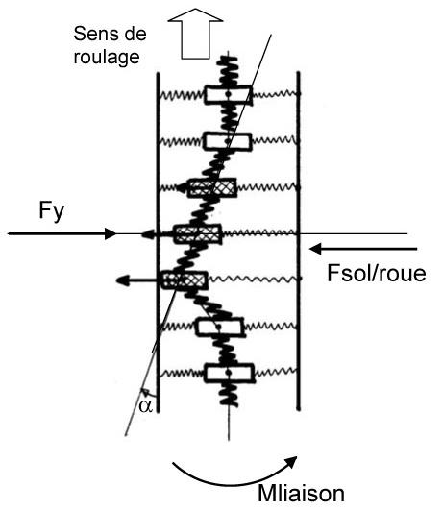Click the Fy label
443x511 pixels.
[x=52, y=210]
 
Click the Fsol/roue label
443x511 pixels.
[x=377, y=273]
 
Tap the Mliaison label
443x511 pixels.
[x=301, y=494]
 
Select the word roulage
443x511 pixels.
[x=107, y=58]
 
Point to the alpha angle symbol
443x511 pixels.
[x=145, y=406]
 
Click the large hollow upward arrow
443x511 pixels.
[x=195, y=34]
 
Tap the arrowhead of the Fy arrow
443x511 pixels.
[x=111, y=233]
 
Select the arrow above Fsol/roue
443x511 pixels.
[x=363, y=249]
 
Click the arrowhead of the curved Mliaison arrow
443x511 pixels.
[x=291, y=462]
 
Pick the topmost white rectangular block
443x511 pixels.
[x=228, y=95]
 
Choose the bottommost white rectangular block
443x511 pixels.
[x=229, y=373]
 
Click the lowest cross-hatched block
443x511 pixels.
[x=185, y=280]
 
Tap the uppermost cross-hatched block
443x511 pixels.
[x=211, y=187]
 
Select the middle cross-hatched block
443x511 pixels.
[x=198, y=233]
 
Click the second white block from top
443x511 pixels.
[x=227, y=141]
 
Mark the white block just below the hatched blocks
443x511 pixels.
[x=219, y=328]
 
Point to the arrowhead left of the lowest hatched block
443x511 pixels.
[x=123, y=280]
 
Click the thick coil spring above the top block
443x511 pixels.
[x=228, y=71]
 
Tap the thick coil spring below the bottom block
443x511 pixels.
[x=229, y=395]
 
